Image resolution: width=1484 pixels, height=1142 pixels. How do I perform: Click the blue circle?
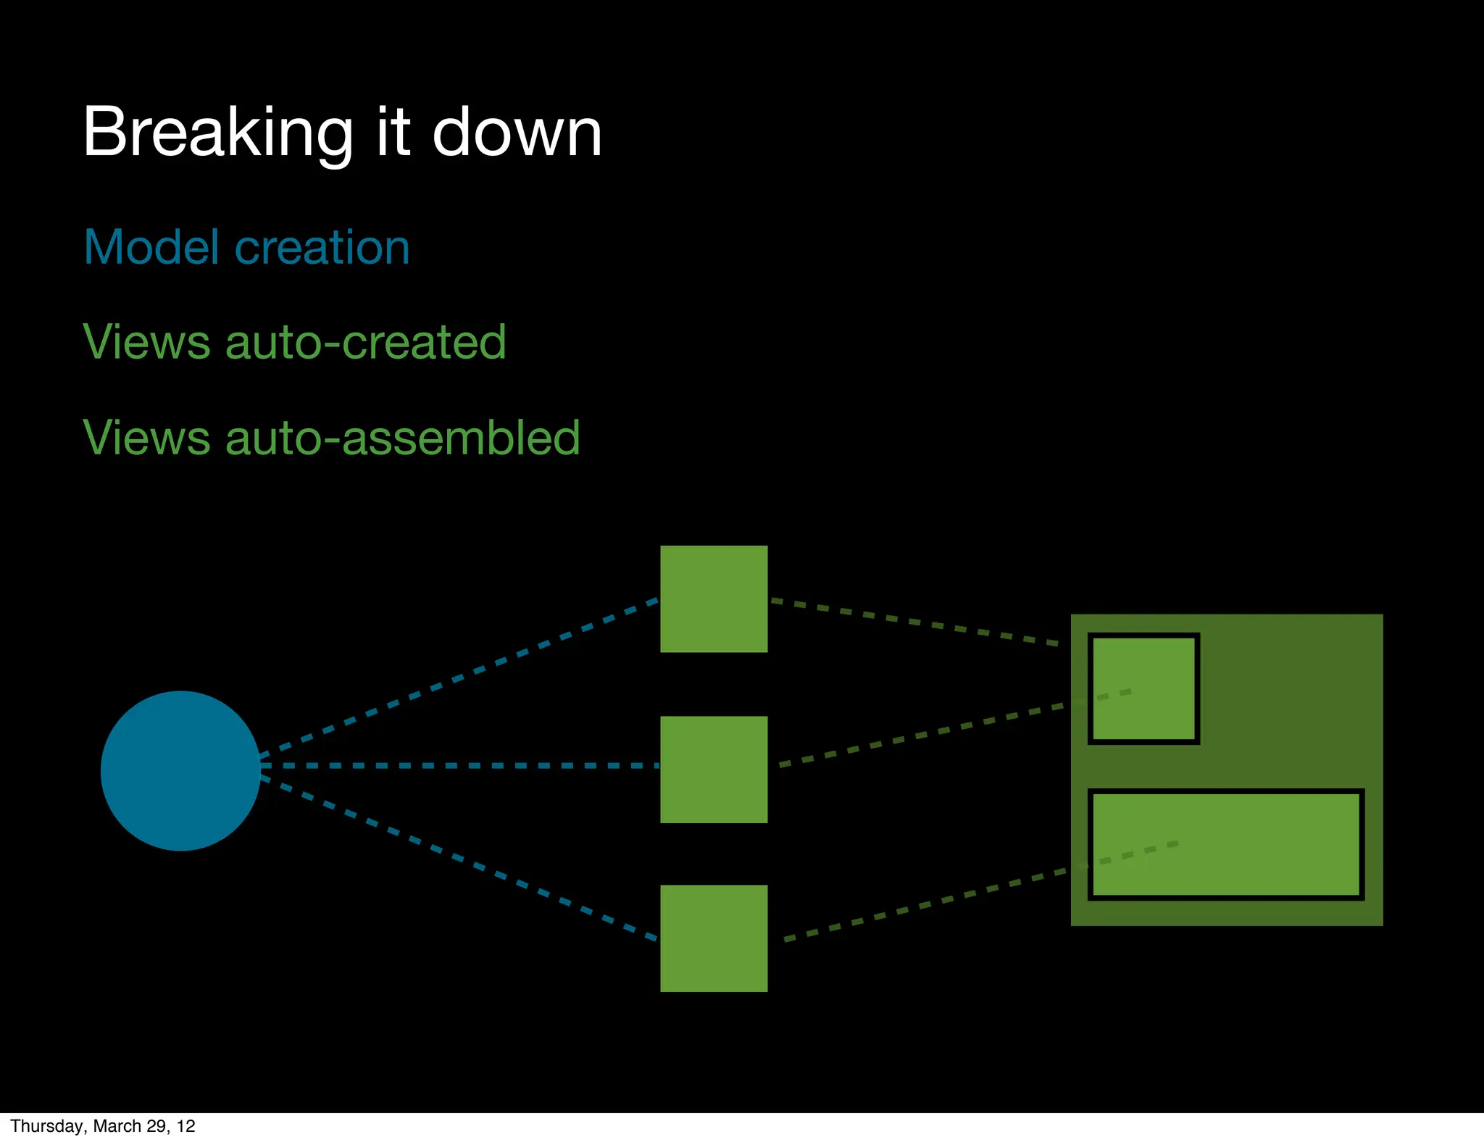pos(180,770)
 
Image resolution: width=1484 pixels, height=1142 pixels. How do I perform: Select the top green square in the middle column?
pos(714,599)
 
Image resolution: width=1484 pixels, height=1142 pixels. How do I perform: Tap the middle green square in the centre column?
pos(714,769)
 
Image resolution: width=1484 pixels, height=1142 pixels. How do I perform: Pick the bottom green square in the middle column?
pos(714,938)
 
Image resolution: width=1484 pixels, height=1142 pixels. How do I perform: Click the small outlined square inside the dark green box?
pos(1143,688)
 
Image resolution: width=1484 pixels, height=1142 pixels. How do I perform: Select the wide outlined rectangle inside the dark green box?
pos(1226,845)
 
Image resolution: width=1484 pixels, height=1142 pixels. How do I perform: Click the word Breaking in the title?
pos(217,133)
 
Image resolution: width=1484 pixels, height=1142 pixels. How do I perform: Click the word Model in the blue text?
pos(151,247)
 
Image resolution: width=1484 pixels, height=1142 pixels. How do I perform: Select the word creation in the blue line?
pos(322,247)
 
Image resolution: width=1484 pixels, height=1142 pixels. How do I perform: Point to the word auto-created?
pos(366,342)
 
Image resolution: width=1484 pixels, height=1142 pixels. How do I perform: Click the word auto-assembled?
pos(403,438)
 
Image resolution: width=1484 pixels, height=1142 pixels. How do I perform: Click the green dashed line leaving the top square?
pos(913,622)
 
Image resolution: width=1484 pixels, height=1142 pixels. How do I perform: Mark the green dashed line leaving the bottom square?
pos(927,904)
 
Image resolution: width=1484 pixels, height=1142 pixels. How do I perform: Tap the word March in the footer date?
pos(117,1126)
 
